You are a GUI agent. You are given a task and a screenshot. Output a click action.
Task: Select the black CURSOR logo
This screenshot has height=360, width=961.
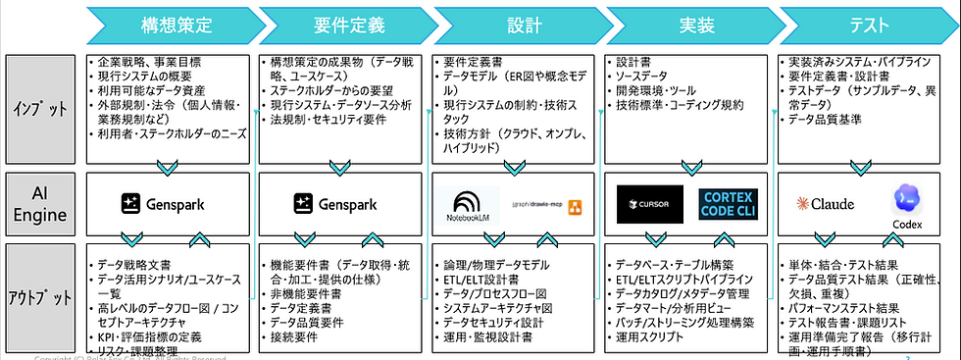click(x=649, y=204)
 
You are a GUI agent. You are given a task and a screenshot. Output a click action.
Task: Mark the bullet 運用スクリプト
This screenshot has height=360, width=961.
click(x=651, y=335)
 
